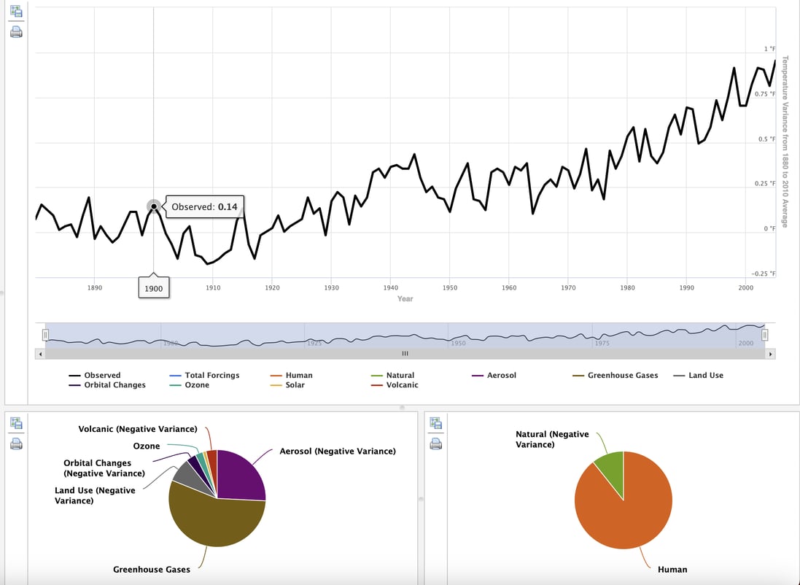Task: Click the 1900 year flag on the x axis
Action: (x=154, y=288)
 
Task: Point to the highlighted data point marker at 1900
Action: (x=154, y=206)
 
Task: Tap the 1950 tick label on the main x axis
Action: (x=449, y=288)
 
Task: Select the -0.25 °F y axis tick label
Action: (x=763, y=274)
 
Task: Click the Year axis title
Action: (x=405, y=299)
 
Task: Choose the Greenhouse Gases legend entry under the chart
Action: (x=622, y=376)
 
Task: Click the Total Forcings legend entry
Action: (x=211, y=376)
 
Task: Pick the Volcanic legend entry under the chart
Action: (x=402, y=385)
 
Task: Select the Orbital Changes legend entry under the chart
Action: (x=114, y=385)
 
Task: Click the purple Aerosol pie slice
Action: (x=241, y=474)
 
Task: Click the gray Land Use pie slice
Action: (x=185, y=476)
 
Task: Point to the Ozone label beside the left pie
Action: (x=146, y=446)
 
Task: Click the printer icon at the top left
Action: (x=16, y=32)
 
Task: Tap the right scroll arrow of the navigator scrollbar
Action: (x=770, y=354)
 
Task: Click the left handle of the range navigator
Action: (x=45, y=335)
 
